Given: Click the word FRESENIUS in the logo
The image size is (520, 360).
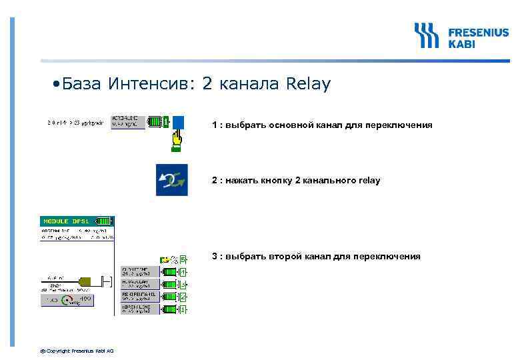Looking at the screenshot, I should tap(477, 31).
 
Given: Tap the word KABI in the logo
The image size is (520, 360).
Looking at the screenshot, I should tap(461, 43).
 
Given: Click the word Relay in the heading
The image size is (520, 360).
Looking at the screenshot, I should tap(307, 85).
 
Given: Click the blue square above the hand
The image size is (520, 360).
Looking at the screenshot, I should tap(178, 122).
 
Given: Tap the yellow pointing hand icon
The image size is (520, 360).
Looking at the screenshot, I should tap(177, 138).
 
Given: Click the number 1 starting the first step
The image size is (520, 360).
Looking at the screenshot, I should tap(215, 125).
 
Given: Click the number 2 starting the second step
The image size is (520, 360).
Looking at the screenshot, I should tap(215, 180).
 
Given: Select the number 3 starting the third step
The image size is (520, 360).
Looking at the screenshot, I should tap(215, 256).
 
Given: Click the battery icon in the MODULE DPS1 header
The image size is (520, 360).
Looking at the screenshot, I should tap(104, 221).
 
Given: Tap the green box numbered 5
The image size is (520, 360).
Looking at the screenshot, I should tap(183, 259).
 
